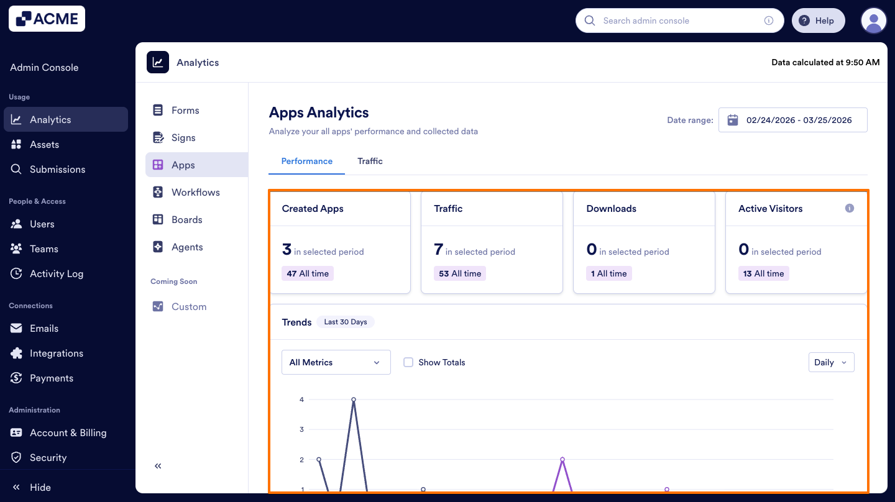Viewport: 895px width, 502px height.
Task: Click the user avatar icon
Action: coord(873,21)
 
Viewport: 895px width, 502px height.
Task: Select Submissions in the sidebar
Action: coord(57,169)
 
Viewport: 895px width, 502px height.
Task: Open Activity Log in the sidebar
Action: coord(56,273)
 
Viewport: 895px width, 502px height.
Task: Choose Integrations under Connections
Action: coord(56,353)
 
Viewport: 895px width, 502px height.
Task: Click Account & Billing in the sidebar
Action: coord(68,432)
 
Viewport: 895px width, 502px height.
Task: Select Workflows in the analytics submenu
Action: coord(195,192)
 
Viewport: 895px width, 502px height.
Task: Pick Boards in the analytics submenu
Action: coord(186,219)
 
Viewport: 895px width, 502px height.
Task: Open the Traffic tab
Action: coord(370,161)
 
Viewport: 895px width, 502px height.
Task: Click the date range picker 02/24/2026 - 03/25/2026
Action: coord(792,120)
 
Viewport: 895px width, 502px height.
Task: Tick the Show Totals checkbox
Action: coord(408,362)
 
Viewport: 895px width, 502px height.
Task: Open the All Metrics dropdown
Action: coord(336,362)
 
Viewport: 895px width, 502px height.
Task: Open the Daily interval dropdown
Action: coord(831,362)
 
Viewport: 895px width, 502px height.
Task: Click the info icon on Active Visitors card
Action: coord(850,208)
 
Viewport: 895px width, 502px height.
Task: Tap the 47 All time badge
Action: coord(308,273)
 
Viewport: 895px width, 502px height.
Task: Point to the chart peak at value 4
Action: coord(354,399)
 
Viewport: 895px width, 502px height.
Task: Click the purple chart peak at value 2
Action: coord(562,460)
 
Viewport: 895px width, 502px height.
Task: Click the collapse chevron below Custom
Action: coord(158,466)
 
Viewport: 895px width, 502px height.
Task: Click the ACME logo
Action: coord(47,19)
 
